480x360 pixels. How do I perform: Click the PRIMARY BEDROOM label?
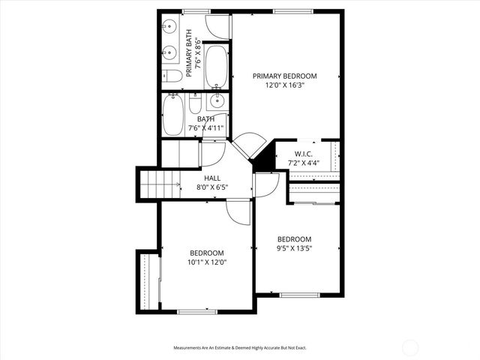pos(284,76)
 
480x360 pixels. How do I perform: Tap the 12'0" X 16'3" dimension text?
pos(284,85)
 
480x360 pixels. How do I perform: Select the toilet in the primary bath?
pos(169,76)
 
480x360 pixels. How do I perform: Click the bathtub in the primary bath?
pos(216,65)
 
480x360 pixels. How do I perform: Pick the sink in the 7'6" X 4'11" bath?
pos(216,103)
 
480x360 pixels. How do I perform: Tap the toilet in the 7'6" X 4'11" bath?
pos(195,102)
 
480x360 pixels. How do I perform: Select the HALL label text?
pos(212,178)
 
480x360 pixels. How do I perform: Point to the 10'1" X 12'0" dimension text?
pos(207,262)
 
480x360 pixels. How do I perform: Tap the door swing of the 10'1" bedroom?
pos(238,213)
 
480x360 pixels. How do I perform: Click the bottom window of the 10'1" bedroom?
pos(196,311)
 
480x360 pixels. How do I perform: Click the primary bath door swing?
pos(219,27)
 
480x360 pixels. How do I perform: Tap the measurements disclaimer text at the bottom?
pos(240,348)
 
